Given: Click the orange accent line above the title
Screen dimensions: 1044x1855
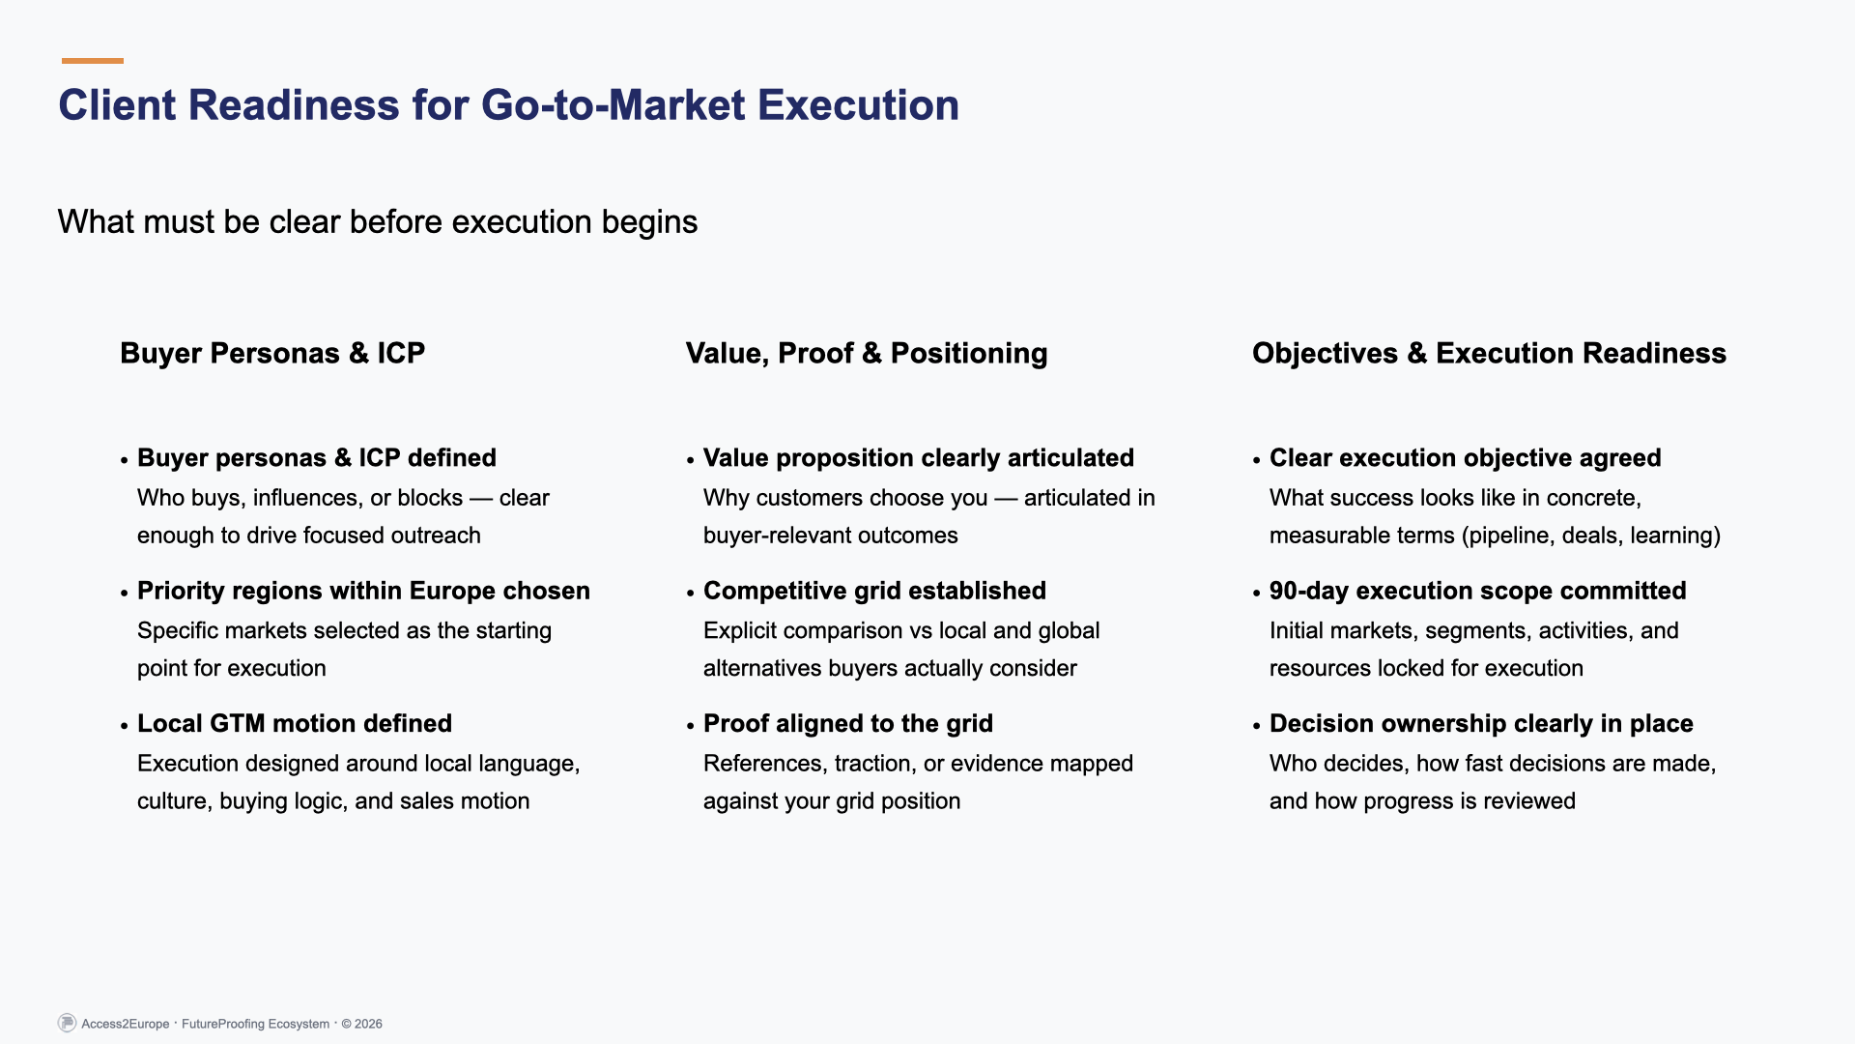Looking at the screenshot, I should (93, 61).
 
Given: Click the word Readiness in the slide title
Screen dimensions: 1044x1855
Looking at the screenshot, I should (294, 105).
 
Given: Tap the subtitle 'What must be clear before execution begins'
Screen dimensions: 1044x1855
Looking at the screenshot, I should (377, 222).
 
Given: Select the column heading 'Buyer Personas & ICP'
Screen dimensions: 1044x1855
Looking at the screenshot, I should (272, 354).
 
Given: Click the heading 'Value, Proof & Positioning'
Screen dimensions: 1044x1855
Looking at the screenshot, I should (866, 354).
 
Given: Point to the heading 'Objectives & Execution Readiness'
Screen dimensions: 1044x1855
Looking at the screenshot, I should (1488, 354).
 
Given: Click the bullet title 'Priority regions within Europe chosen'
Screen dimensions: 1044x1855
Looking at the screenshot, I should (363, 592).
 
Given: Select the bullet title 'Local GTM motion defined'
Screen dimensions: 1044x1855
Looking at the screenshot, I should (295, 724).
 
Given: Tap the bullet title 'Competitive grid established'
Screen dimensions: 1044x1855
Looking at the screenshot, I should (874, 592).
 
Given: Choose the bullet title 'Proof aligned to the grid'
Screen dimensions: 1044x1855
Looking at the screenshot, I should (847, 724).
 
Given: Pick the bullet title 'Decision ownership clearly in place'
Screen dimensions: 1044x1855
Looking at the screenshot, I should (1480, 724).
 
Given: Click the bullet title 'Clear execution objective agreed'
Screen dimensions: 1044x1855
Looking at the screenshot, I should (1465, 458).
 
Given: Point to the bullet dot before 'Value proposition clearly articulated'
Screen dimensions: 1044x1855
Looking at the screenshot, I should (691, 461).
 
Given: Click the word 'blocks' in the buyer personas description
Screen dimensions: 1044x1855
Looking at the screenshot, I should (430, 499).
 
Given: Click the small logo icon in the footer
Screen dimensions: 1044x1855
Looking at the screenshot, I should (67, 1023).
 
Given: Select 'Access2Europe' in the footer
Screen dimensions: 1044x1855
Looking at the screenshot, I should (126, 1025).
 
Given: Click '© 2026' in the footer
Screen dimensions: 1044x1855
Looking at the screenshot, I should (361, 1025).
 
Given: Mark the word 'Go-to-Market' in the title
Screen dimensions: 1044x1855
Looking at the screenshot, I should (613, 105).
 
